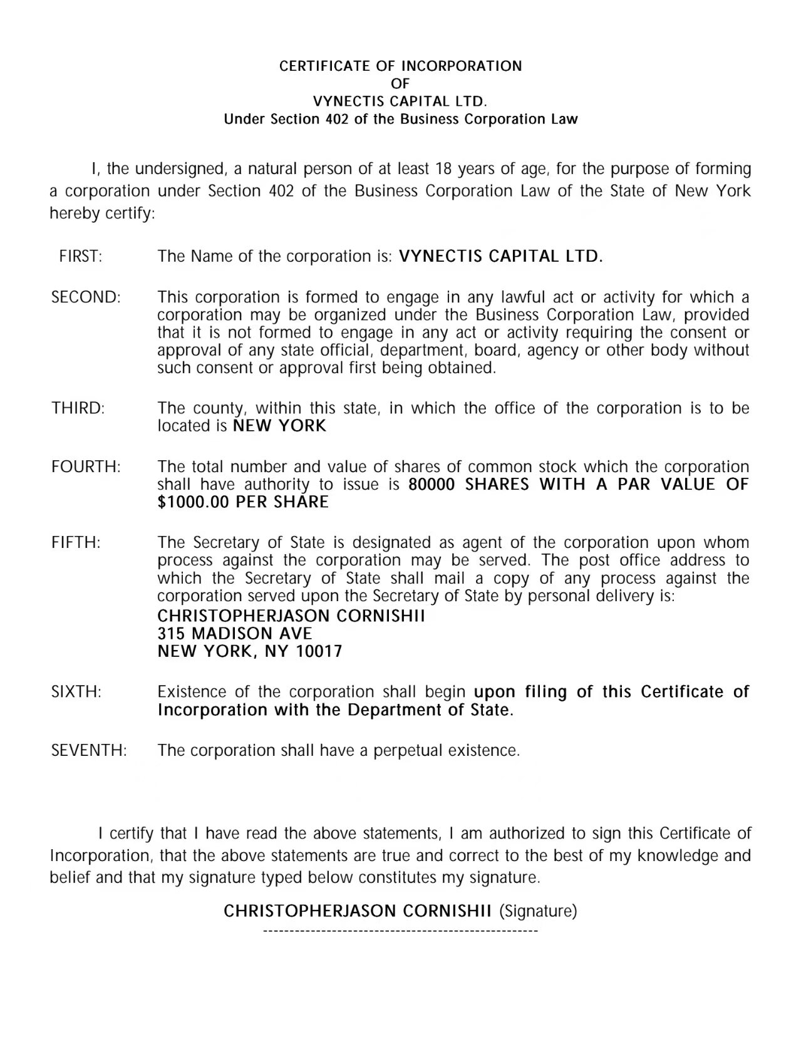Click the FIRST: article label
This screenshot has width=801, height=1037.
click(81, 256)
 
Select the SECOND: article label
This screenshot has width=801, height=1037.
click(86, 297)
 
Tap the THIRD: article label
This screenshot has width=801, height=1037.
click(78, 408)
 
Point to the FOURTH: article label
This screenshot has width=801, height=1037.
click(86, 467)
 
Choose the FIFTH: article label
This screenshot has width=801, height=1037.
click(76, 542)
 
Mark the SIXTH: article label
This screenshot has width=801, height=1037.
click(76, 692)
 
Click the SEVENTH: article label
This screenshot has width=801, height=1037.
click(89, 750)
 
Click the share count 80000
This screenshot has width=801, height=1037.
click(432, 484)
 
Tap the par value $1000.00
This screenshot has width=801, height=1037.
click(194, 502)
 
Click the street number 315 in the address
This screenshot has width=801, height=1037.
click(171, 633)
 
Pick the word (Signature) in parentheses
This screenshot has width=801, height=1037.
click(538, 911)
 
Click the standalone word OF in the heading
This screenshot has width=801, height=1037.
click(400, 83)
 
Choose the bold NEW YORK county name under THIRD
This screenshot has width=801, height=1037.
click(279, 426)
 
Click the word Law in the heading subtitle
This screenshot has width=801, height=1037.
click(564, 119)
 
